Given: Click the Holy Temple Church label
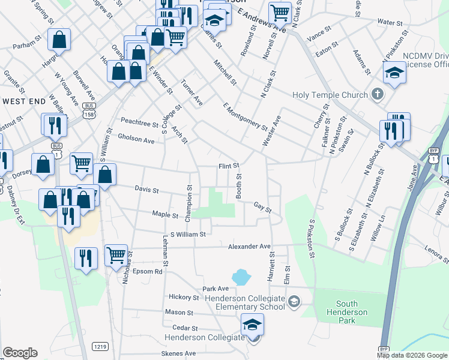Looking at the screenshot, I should click(x=330, y=95).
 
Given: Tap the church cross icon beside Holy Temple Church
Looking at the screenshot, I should click(x=377, y=94).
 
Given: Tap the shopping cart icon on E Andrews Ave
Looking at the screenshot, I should click(x=280, y=12).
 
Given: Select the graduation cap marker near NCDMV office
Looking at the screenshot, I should click(x=394, y=73).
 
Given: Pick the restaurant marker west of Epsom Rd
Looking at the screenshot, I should click(x=86, y=257).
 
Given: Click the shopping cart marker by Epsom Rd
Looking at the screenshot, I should click(x=116, y=254).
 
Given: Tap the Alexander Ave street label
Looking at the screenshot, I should click(x=249, y=247).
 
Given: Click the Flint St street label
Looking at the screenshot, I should click(x=228, y=166).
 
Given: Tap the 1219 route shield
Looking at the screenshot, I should click(x=100, y=346).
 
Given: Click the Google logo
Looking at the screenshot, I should click(x=20, y=353).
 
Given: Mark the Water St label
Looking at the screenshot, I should click(x=390, y=22).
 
